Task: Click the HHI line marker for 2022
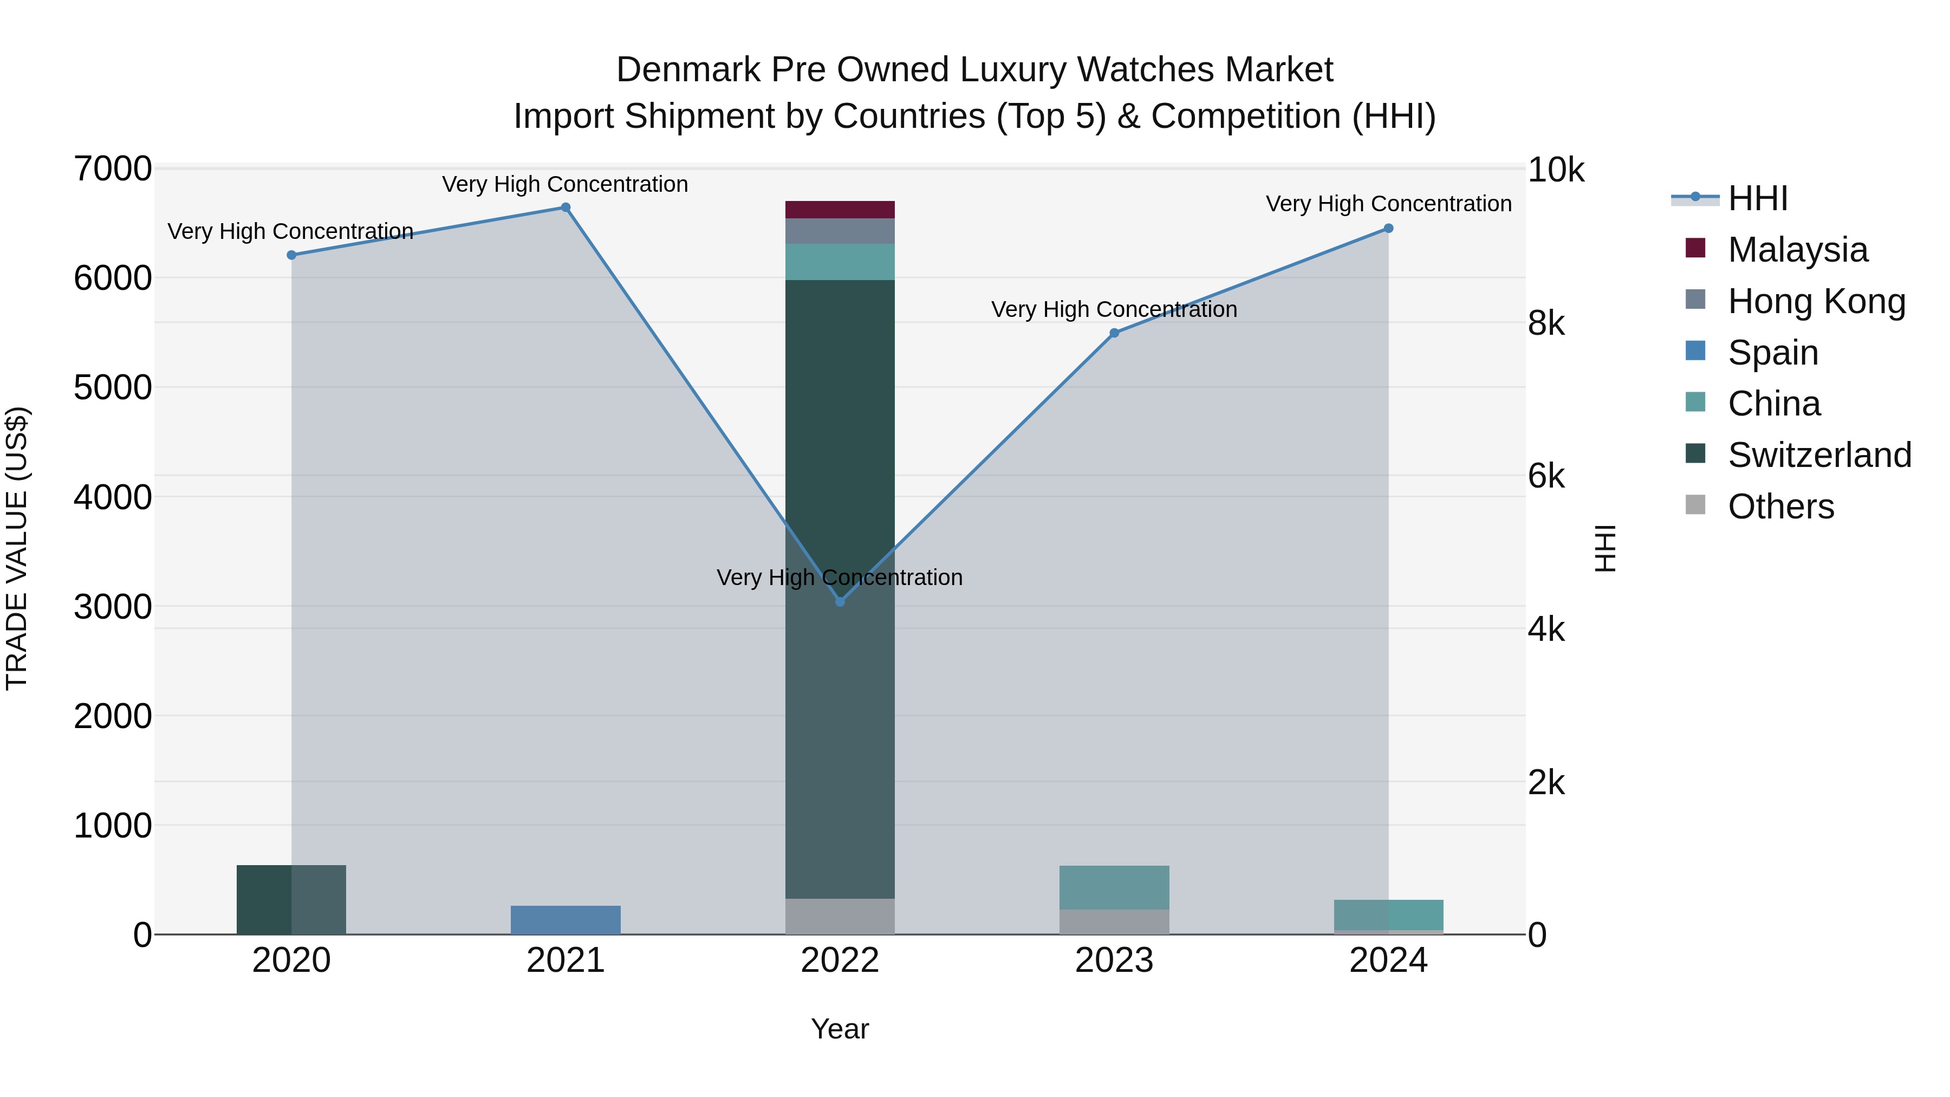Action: [x=840, y=601]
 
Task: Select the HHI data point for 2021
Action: [x=565, y=207]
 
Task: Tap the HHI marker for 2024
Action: [x=1388, y=229]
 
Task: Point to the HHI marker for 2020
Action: [x=291, y=255]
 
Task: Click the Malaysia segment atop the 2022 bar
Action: [x=840, y=210]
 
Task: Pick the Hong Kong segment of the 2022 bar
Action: [x=840, y=231]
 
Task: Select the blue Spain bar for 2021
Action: [x=565, y=920]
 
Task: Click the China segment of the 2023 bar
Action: [x=1114, y=887]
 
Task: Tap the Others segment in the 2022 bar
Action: [x=840, y=916]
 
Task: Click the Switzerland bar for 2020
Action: [x=291, y=899]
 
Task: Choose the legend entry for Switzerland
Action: [x=1819, y=455]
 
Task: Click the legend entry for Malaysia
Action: [x=1797, y=250]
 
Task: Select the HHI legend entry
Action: [x=1757, y=198]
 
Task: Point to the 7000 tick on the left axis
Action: [x=113, y=169]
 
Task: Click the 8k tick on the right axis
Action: [x=1546, y=324]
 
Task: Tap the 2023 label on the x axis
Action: [x=1114, y=960]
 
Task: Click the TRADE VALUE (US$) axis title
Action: [x=17, y=548]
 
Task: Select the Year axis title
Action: [x=840, y=1029]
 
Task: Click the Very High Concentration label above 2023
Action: [x=1114, y=310]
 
